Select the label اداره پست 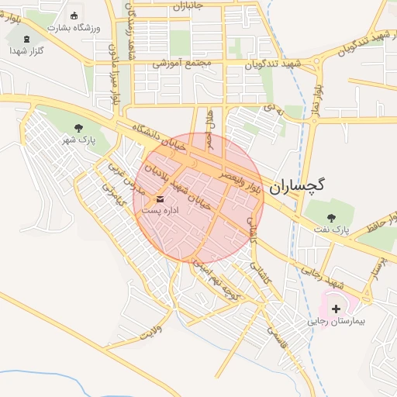click(164, 211)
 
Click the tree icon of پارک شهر click(78, 128)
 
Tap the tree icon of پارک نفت click(332, 218)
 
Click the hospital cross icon click(336, 309)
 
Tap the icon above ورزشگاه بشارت click(74, 16)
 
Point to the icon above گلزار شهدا click(28, 39)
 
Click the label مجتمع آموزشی click(177, 64)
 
